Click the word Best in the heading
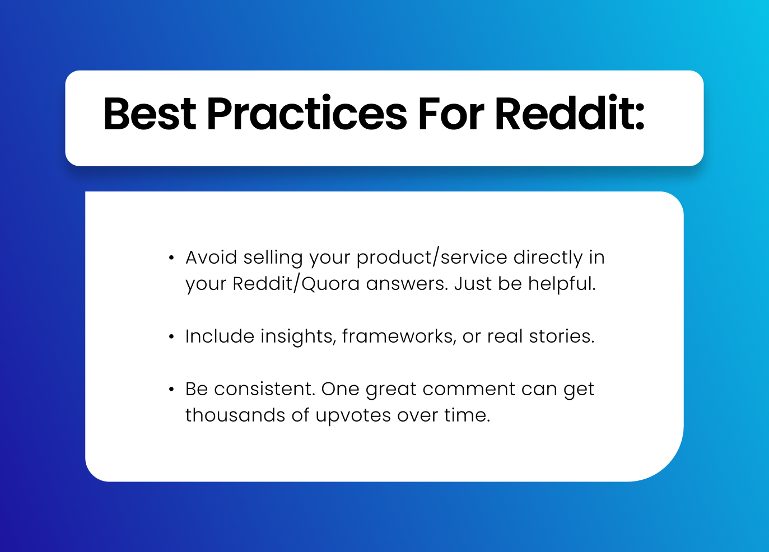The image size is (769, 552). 150,114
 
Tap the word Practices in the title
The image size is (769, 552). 307,113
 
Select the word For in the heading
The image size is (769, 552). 451,114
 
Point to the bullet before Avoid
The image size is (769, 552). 171,258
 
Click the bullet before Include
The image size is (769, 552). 171,336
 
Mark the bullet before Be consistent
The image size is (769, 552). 171,389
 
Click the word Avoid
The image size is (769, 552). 211,257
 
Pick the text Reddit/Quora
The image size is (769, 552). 296,284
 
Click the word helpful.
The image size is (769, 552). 562,284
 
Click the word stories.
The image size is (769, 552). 562,336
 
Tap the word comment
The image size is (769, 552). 469,390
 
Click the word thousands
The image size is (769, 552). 235,415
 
